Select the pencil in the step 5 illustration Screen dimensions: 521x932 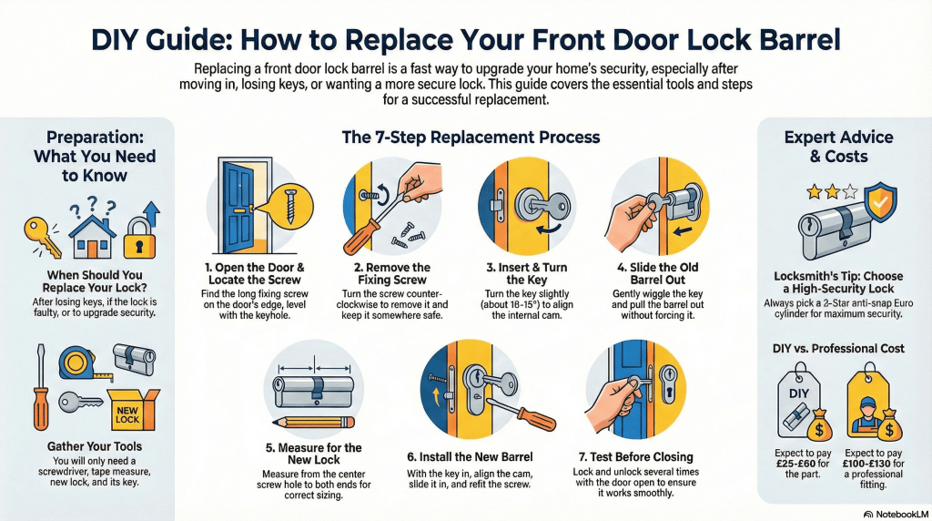click(x=313, y=422)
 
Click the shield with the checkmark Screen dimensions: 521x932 click(x=879, y=206)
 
